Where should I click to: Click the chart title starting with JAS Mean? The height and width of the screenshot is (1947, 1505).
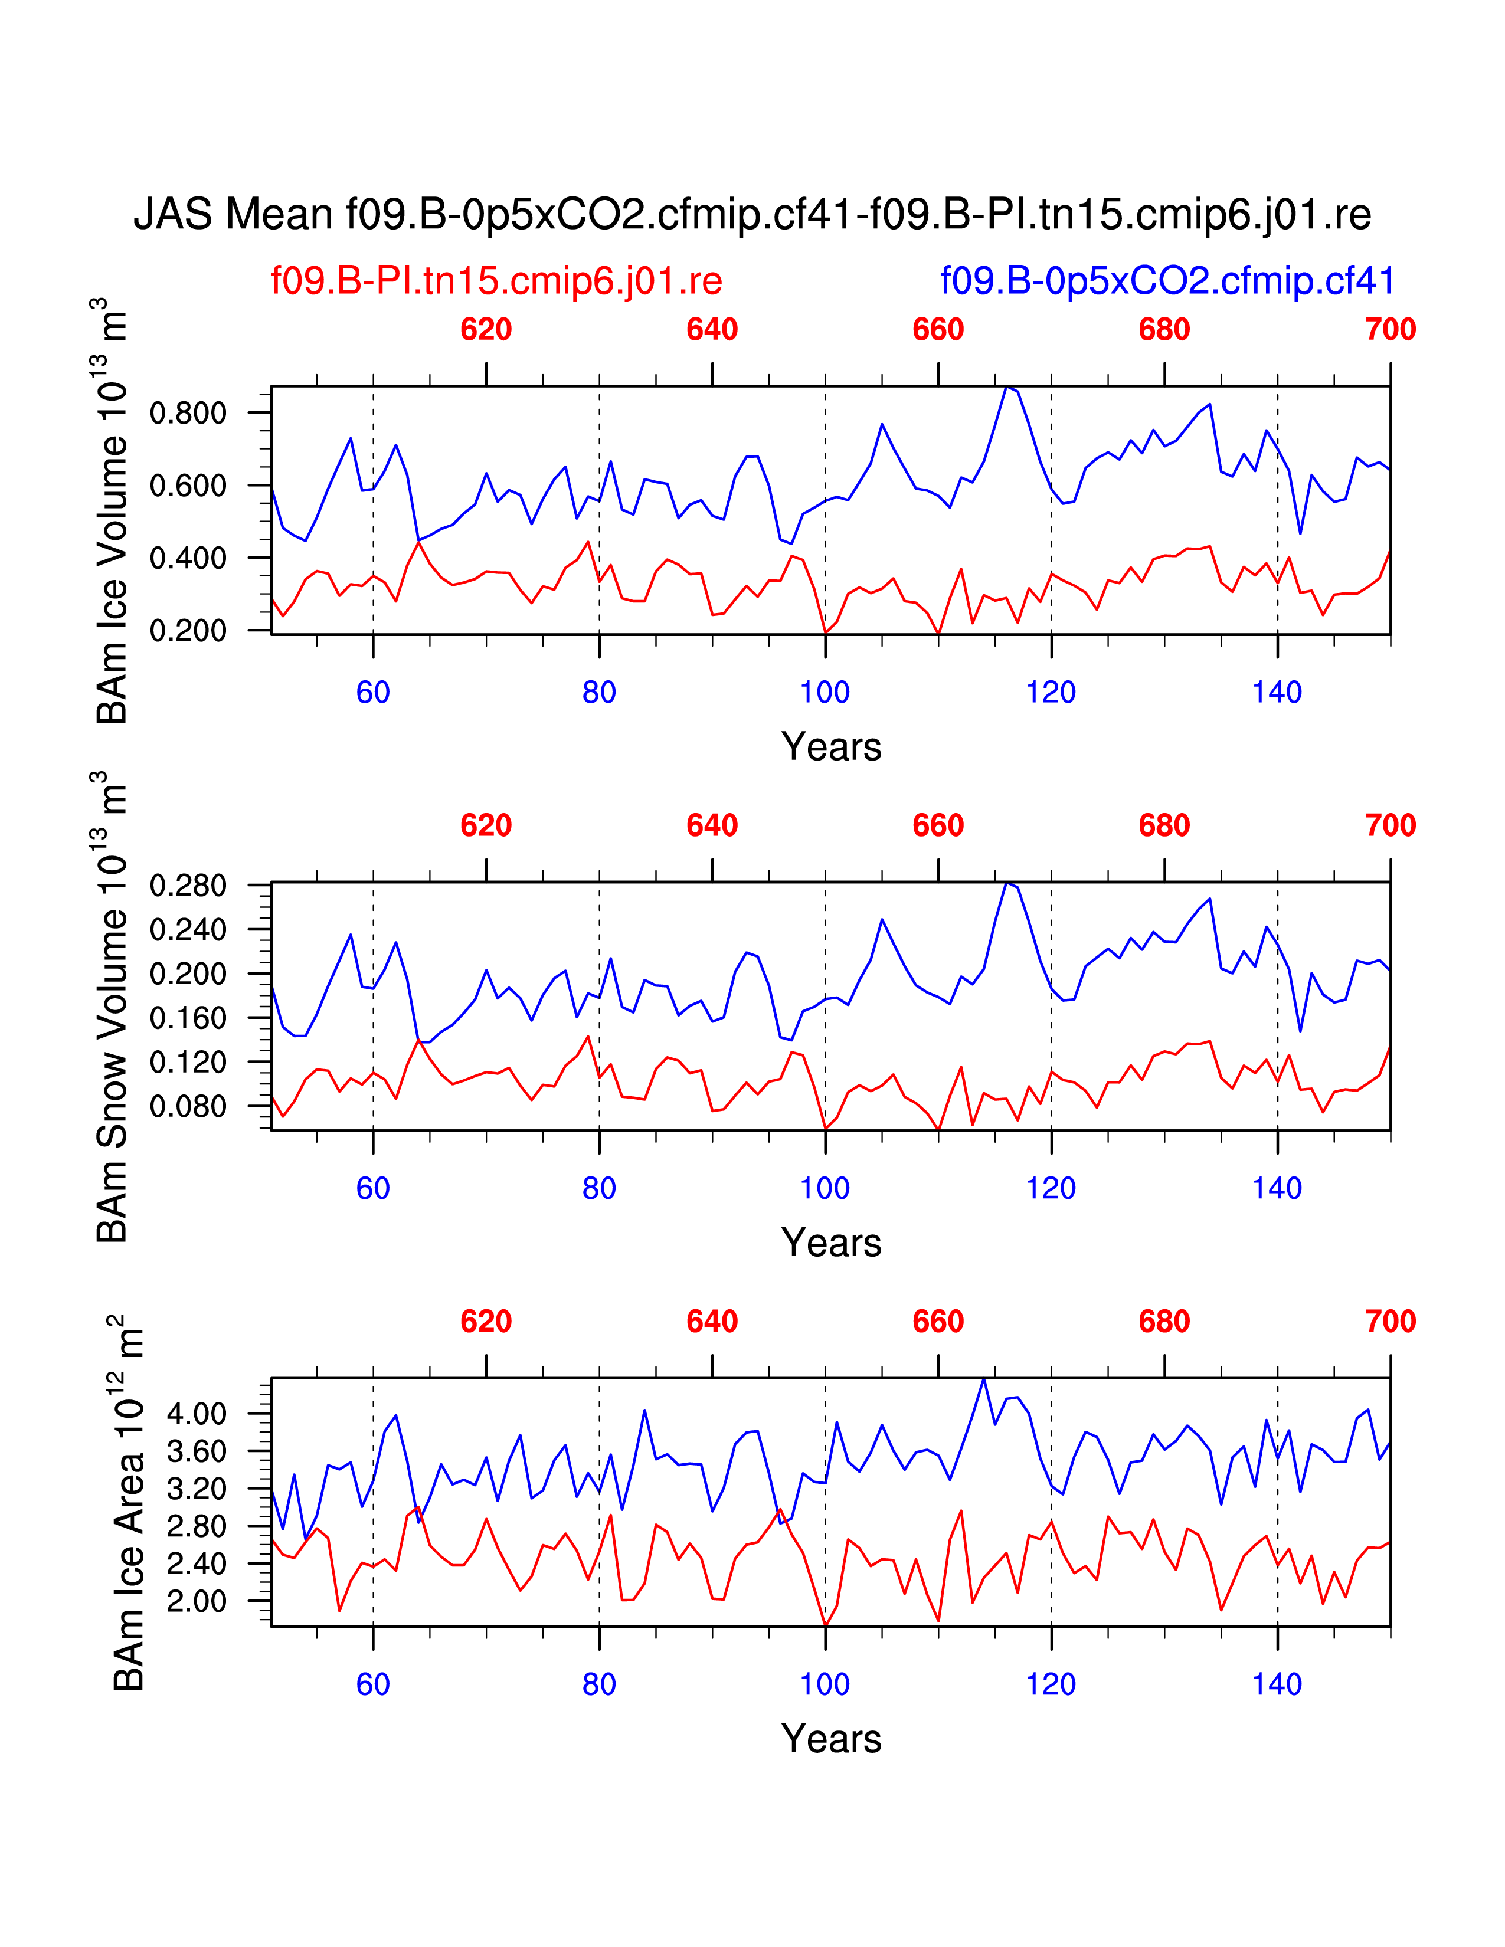tap(751, 215)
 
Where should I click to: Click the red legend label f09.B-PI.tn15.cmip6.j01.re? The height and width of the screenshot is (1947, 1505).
tap(496, 281)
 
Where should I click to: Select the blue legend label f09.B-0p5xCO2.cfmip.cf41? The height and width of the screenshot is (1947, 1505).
tap(1167, 281)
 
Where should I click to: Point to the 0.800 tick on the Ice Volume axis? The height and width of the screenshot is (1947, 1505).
tap(188, 413)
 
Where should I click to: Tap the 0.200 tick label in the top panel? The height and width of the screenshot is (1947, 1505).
tap(188, 630)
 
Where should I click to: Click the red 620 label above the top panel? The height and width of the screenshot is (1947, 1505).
tap(486, 330)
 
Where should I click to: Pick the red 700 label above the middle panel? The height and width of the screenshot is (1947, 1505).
tap(1390, 825)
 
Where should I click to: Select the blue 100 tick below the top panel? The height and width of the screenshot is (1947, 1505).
tap(825, 693)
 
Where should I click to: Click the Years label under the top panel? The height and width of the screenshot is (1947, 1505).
tap(831, 747)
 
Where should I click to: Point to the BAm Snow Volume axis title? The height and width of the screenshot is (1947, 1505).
tap(112, 1007)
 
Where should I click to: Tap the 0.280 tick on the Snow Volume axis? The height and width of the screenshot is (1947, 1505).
tap(188, 886)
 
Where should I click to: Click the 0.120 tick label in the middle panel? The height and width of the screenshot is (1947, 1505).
tap(188, 1062)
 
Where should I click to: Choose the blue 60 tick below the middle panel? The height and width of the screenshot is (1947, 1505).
tap(372, 1188)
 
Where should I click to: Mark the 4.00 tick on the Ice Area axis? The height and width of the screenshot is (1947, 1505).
tap(197, 1413)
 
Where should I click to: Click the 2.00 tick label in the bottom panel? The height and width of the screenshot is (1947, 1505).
tap(197, 1601)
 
